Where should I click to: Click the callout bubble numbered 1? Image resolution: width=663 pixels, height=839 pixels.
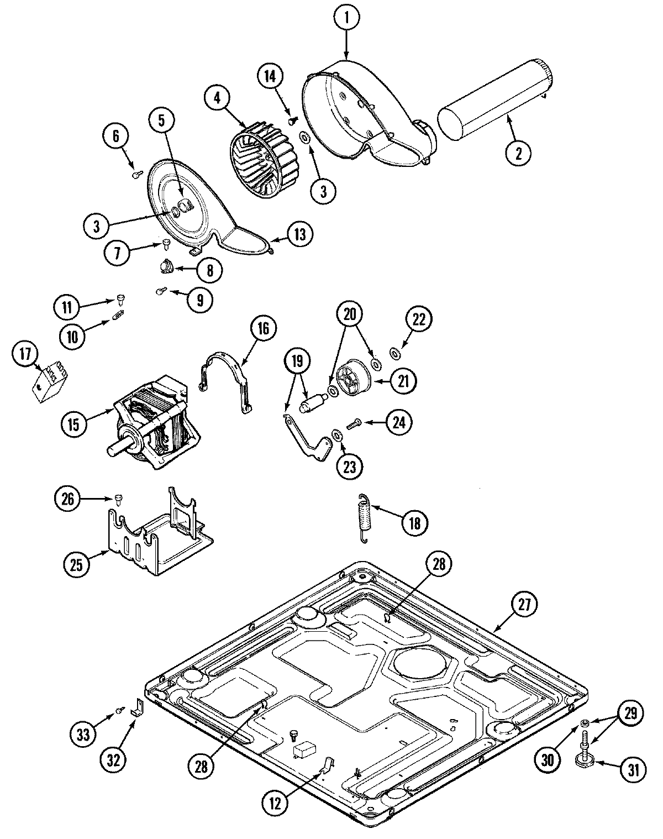click(x=347, y=18)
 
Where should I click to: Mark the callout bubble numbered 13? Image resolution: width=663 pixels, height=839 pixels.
click(x=299, y=234)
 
